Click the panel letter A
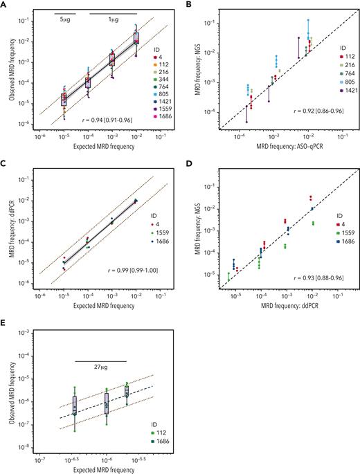coord(5,5)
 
